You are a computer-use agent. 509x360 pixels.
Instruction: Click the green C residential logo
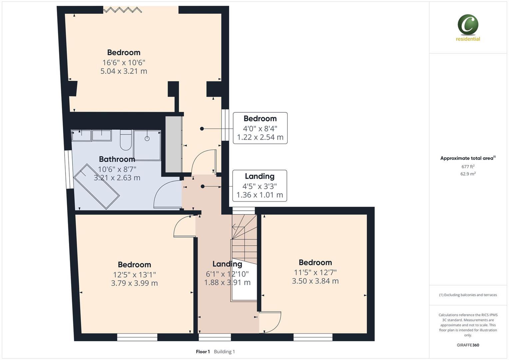click(x=468, y=25)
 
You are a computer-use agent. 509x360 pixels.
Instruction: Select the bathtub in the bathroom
click(x=96, y=186)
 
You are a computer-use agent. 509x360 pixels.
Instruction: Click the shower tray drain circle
click(x=147, y=138)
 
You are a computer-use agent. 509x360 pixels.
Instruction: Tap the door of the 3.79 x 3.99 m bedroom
click(x=184, y=227)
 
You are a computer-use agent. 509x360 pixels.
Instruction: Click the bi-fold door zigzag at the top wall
click(x=123, y=10)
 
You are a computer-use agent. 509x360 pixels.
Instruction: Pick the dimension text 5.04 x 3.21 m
click(x=124, y=71)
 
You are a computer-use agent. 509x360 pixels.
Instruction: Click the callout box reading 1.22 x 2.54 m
click(x=260, y=128)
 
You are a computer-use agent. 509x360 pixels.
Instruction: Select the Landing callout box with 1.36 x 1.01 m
click(x=259, y=186)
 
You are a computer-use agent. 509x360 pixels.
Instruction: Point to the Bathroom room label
click(x=117, y=159)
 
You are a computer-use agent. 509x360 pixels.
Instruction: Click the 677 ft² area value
click(x=468, y=167)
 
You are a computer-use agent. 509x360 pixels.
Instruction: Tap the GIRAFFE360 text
click(x=468, y=345)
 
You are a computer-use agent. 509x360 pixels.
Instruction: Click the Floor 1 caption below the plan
click(x=203, y=352)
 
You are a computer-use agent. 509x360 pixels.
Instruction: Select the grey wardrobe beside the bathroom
click(x=174, y=144)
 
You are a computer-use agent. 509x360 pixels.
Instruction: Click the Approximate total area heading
click(x=468, y=158)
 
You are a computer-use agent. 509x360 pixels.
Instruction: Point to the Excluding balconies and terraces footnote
click(x=468, y=295)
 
